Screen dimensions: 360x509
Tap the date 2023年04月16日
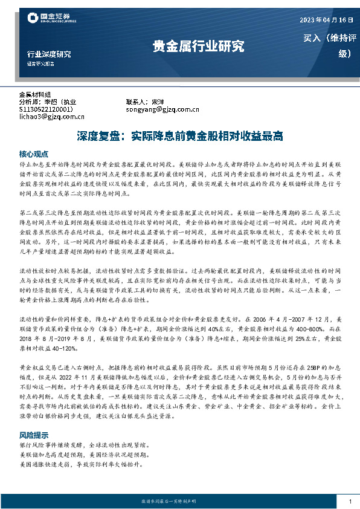[x=325, y=21]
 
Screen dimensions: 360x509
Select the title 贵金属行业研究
[x=198, y=47]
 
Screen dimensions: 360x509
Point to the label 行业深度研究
[x=49, y=53]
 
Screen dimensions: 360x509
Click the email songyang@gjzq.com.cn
[x=162, y=109]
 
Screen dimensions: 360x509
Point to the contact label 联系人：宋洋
[x=144, y=102]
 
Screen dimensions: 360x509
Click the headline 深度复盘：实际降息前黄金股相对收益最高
[x=180, y=136]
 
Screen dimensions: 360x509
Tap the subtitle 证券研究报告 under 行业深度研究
[x=40, y=63]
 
